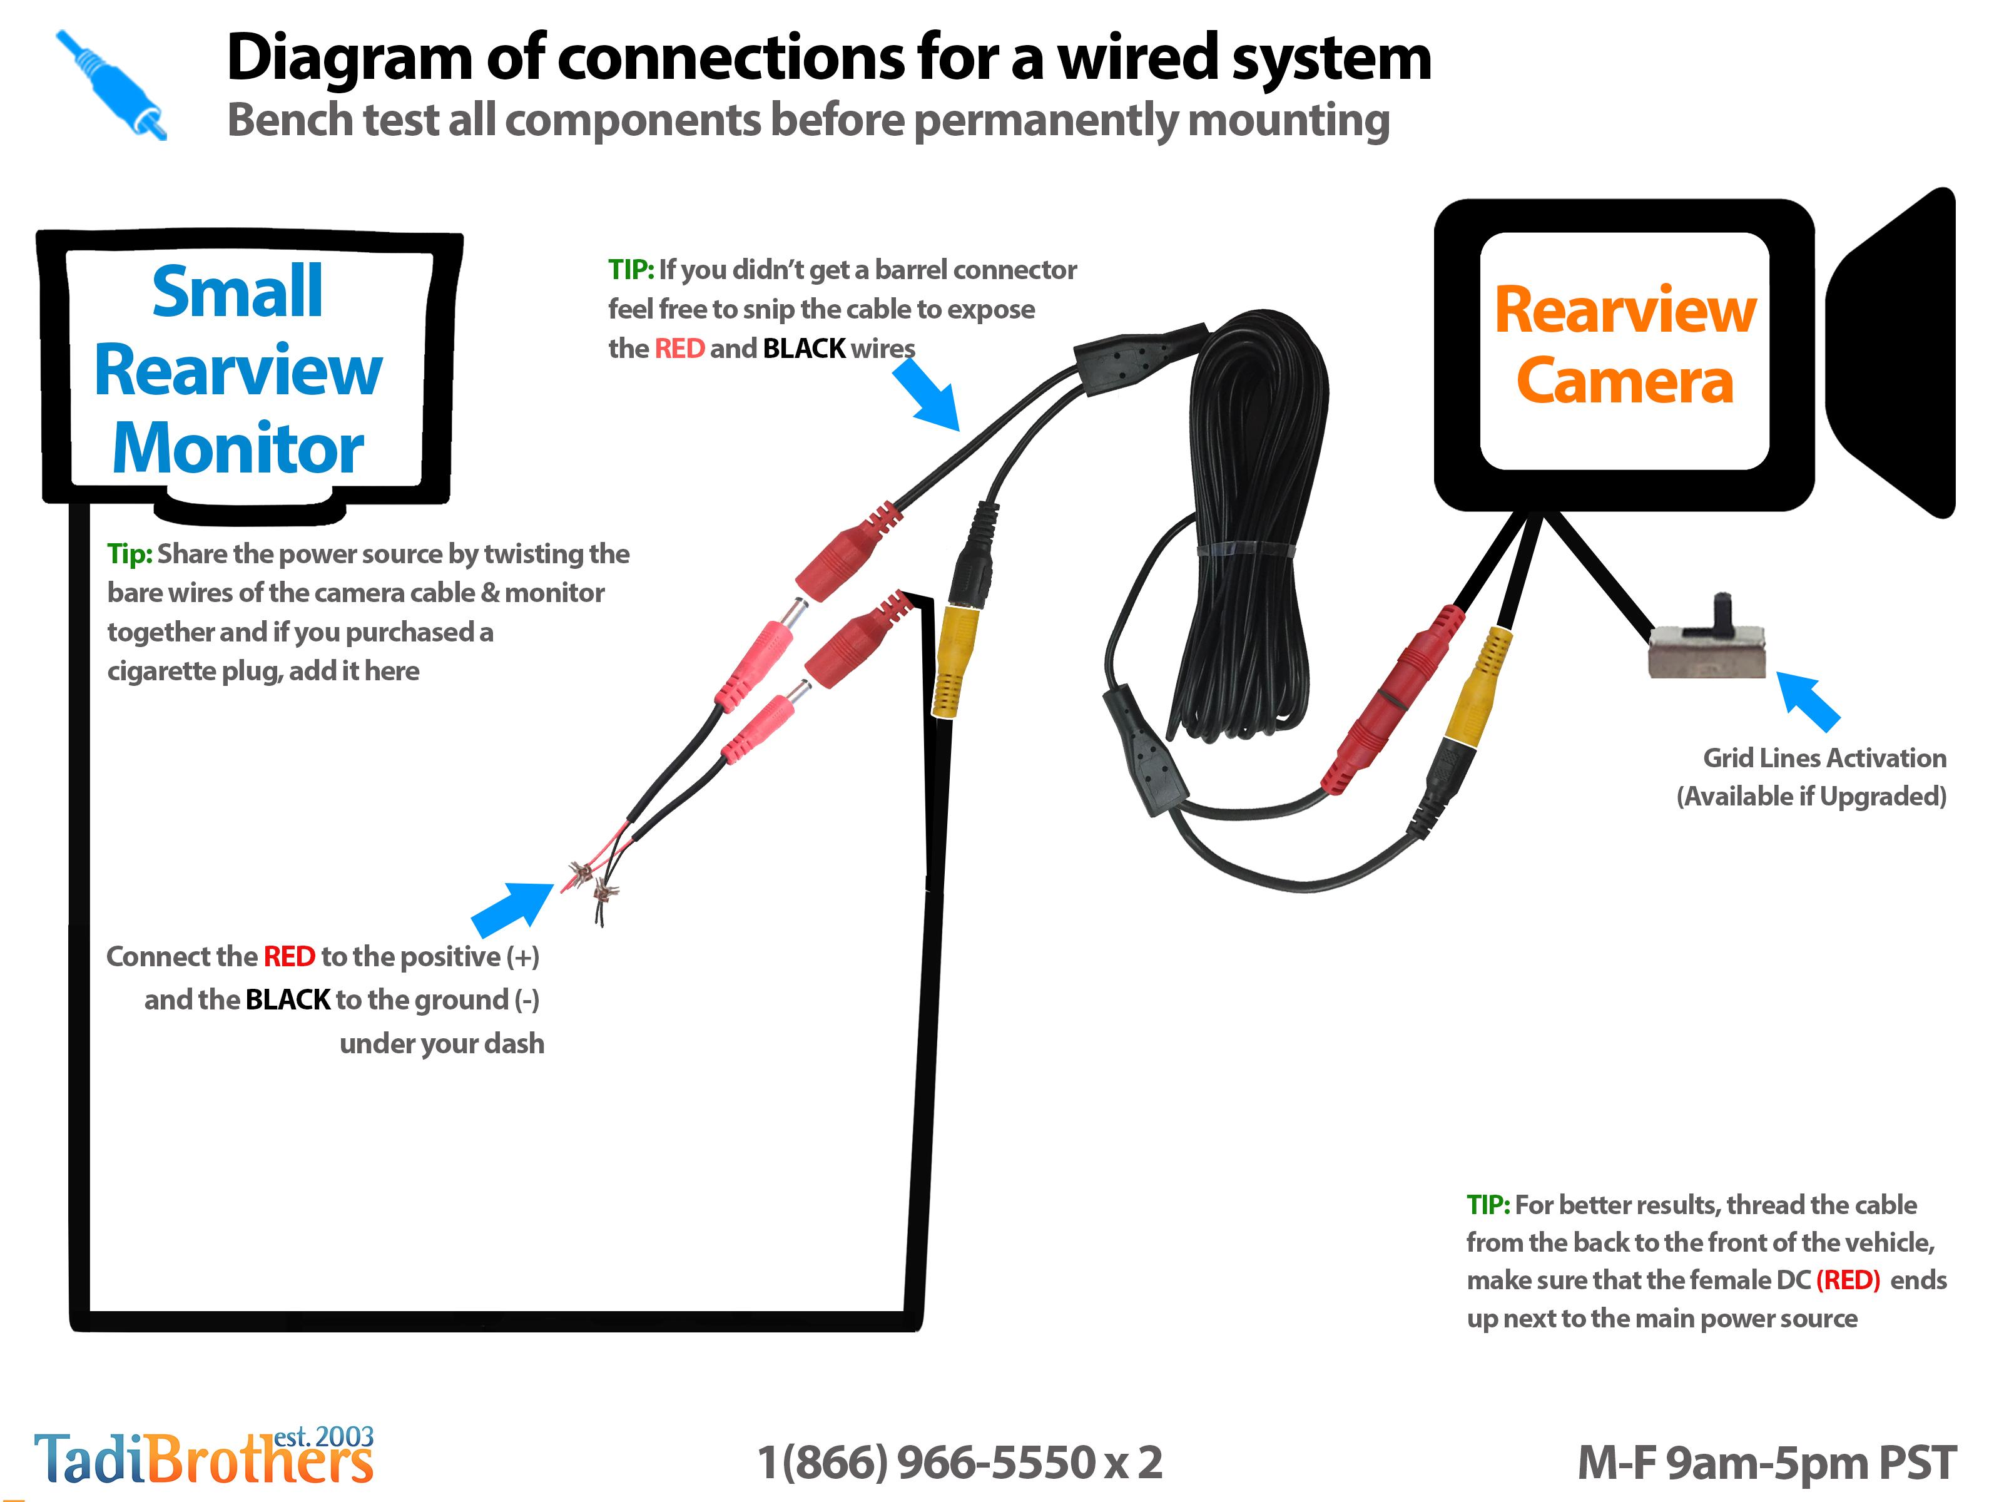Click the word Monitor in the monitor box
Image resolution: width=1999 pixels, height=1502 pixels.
point(238,448)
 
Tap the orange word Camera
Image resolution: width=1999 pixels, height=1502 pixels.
point(1625,381)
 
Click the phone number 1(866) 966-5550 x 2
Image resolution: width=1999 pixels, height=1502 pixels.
point(960,1462)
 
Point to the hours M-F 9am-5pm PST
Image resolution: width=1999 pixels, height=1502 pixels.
point(1767,1462)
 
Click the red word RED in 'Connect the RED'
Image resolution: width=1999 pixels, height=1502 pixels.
point(289,956)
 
